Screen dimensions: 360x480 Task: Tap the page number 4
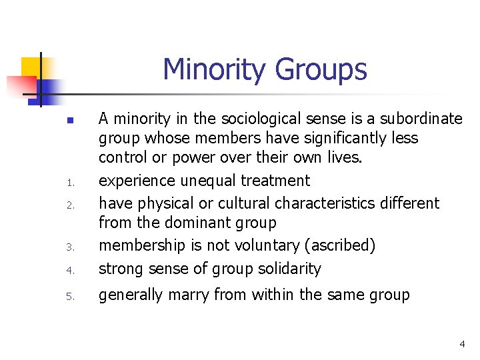point(462,344)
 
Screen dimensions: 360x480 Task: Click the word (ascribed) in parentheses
point(339,245)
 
